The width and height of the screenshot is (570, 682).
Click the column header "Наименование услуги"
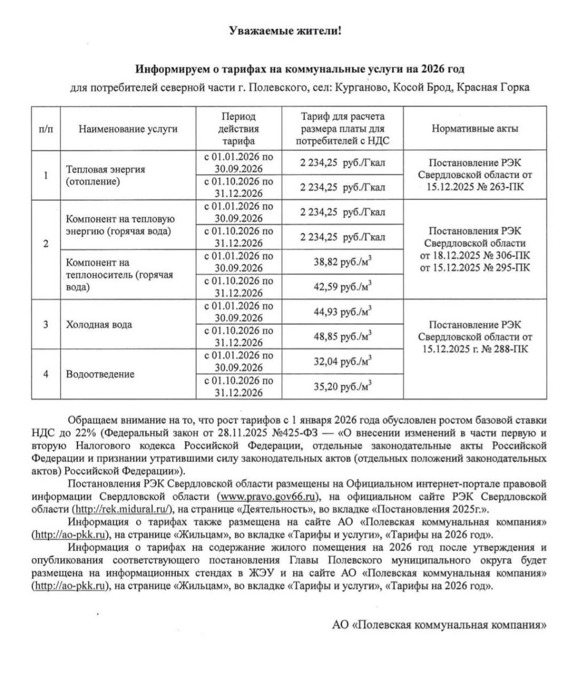click(128, 128)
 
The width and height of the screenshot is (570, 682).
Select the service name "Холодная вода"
click(99, 325)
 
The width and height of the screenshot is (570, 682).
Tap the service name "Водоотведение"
click(100, 374)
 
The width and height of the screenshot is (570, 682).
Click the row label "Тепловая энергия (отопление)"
click(106, 176)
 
